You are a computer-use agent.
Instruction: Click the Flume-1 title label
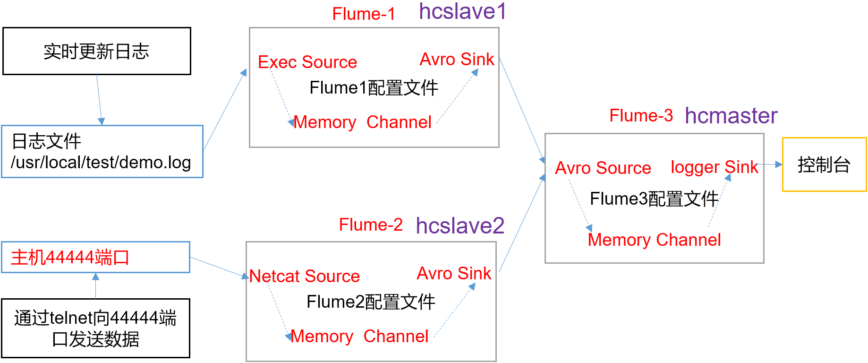(x=363, y=14)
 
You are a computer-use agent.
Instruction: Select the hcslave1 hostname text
(x=462, y=11)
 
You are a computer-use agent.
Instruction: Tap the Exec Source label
(x=307, y=62)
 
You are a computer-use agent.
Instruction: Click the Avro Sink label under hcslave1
(x=457, y=60)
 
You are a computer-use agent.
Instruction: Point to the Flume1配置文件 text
(x=374, y=88)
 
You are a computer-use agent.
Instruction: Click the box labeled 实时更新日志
(x=97, y=51)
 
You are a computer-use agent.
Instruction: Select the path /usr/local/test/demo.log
(x=101, y=163)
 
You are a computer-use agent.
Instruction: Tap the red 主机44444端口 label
(x=70, y=258)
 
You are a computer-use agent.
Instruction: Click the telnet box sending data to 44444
(x=95, y=328)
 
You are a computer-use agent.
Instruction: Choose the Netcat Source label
(x=305, y=276)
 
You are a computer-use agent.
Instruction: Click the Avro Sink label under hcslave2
(x=454, y=274)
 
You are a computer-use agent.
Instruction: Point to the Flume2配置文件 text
(x=371, y=302)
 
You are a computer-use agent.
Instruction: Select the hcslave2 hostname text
(x=460, y=226)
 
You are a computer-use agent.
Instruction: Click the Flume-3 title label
(x=641, y=116)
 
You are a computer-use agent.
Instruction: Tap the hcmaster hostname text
(x=731, y=116)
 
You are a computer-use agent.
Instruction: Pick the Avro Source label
(x=603, y=168)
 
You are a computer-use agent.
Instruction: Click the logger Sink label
(x=714, y=167)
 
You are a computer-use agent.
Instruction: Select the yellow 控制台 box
(x=824, y=164)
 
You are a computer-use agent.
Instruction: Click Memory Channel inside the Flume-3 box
(x=654, y=240)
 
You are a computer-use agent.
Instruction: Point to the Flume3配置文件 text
(x=654, y=199)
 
